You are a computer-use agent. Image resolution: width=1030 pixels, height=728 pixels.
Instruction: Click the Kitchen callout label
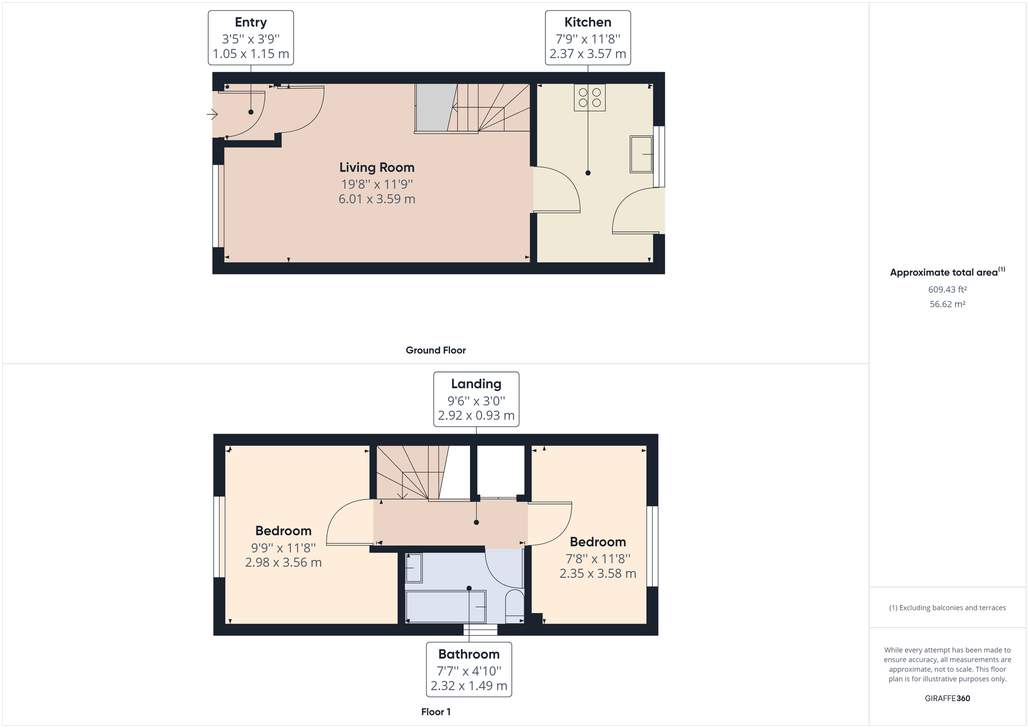(x=587, y=38)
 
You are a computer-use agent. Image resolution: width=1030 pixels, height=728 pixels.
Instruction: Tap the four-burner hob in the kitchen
(x=590, y=98)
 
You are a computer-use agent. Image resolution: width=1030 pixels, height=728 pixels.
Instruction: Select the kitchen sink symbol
(x=641, y=154)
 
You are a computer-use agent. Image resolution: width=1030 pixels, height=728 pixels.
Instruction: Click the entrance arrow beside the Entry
(x=212, y=114)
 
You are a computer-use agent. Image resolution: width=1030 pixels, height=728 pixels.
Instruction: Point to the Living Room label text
(x=376, y=168)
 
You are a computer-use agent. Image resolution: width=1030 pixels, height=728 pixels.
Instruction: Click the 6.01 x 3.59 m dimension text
(x=376, y=199)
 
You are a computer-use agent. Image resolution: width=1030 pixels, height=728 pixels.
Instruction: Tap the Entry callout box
(x=250, y=38)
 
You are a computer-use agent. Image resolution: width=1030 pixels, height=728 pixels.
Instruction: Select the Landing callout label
(x=476, y=399)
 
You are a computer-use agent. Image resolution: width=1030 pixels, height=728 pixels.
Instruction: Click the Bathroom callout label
(x=468, y=669)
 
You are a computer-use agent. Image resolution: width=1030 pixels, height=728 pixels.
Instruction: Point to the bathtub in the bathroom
(x=445, y=607)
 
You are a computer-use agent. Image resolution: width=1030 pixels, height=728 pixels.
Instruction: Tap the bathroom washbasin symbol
(x=414, y=568)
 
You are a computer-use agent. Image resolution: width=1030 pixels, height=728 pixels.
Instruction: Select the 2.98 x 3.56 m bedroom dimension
(x=283, y=563)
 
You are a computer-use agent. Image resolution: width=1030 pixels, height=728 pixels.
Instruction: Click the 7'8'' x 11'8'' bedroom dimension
(x=597, y=559)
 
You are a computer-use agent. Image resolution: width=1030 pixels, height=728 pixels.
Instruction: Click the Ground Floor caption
(x=435, y=350)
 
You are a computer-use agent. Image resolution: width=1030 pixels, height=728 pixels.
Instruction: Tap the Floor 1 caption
(x=435, y=712)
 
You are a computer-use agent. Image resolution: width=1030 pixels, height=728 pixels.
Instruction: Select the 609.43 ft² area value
(x=947, y=289)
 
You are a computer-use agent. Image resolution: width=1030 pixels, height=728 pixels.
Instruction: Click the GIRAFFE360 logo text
(x=947, y=698)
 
